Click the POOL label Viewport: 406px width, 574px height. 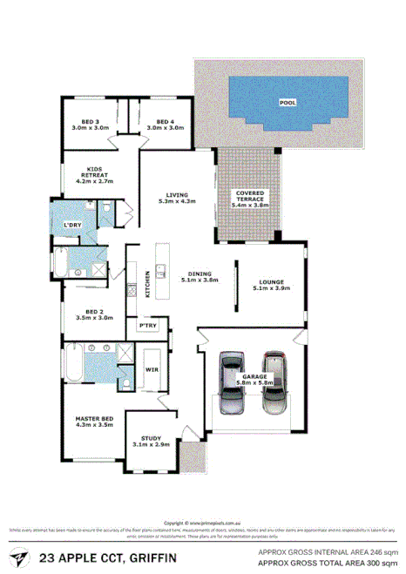pos(286,102)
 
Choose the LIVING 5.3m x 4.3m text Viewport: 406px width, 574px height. pos(177,198)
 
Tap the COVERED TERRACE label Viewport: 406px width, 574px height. pos(250,197)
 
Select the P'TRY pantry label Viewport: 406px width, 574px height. pos(148,326)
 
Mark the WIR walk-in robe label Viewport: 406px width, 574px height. pos(150,369)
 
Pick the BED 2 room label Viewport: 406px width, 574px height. pos(90,315)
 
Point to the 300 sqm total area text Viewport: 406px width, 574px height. pos(380,563)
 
